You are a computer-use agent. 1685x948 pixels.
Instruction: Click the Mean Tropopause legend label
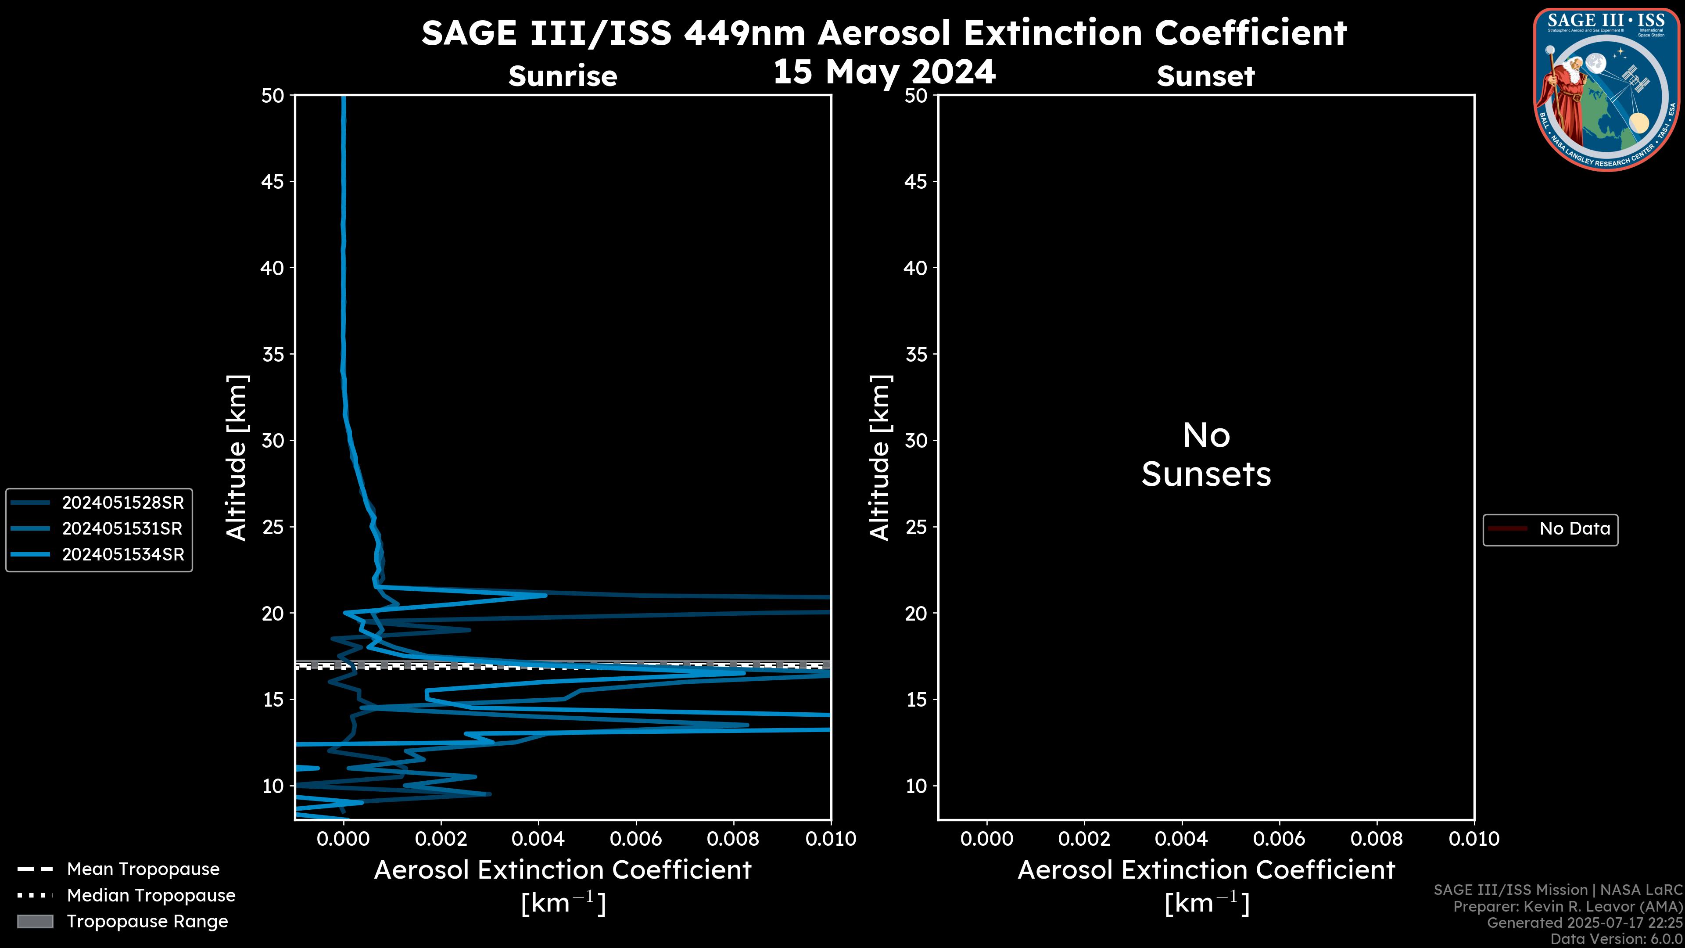143,869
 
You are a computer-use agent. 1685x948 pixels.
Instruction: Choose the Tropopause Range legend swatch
35,921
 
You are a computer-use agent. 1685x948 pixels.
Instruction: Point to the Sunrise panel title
563,76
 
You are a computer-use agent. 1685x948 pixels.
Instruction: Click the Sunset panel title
1205,76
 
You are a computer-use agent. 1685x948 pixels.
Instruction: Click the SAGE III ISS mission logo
1607,90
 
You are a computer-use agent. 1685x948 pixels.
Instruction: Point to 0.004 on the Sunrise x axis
538,839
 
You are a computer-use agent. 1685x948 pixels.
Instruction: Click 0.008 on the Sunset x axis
1377,839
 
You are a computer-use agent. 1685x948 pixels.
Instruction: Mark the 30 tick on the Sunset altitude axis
916,440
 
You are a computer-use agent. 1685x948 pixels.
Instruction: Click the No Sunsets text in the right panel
1206,455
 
